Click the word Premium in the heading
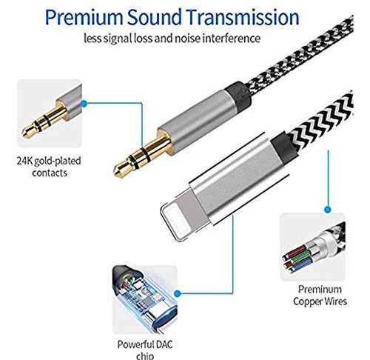pos(84,18)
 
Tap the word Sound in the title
pos(154,17)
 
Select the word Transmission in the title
pos(243,17)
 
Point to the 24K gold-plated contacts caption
pos(49,167)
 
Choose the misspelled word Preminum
pos(320,289)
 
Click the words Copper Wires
pos(320,301)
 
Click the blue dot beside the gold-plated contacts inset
pos(84,104)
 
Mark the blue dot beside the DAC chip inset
pos(177,293)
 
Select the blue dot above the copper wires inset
pos(328,210)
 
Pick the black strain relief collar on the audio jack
pos(238,95)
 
